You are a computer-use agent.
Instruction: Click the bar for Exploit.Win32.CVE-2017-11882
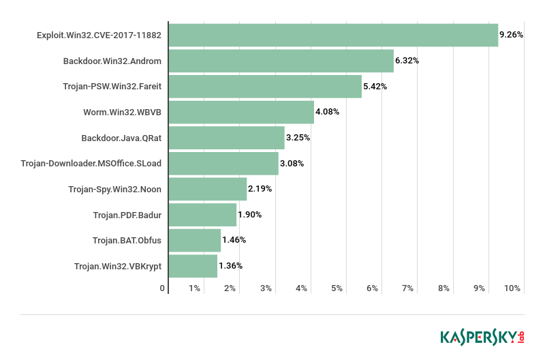pos(333,35)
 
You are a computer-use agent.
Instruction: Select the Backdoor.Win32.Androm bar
pos(281,61)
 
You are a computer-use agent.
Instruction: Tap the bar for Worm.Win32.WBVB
pos(241,112)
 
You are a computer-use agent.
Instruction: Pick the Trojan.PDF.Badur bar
pos(202,215)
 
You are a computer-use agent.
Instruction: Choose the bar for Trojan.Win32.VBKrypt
pos(193,266)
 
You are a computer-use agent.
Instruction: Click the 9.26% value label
pos(511,35)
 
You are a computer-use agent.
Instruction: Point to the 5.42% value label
pos(375,87)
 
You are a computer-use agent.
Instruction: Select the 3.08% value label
pos(292,164)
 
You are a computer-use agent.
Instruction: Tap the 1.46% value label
pos(234,240)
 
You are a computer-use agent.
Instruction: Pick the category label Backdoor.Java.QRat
pos(121,138)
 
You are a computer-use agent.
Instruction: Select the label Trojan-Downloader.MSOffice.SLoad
pos(91,164)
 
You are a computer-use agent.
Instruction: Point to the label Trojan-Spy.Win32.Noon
pos(115,189)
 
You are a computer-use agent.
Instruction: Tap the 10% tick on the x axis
pos(512,288)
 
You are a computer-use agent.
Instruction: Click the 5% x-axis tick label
pos(337,288)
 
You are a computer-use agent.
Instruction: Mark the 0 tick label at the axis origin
pos(163,288)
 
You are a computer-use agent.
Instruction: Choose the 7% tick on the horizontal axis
pos(408,288)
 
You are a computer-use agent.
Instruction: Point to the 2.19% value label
pos(260,189)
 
